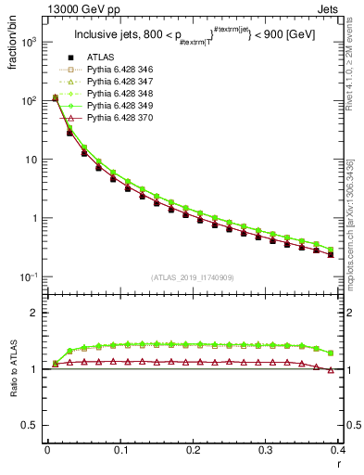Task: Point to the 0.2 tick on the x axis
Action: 193,451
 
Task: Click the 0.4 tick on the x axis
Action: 338,451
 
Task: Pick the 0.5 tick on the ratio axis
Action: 31,426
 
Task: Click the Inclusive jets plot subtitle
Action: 192,36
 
